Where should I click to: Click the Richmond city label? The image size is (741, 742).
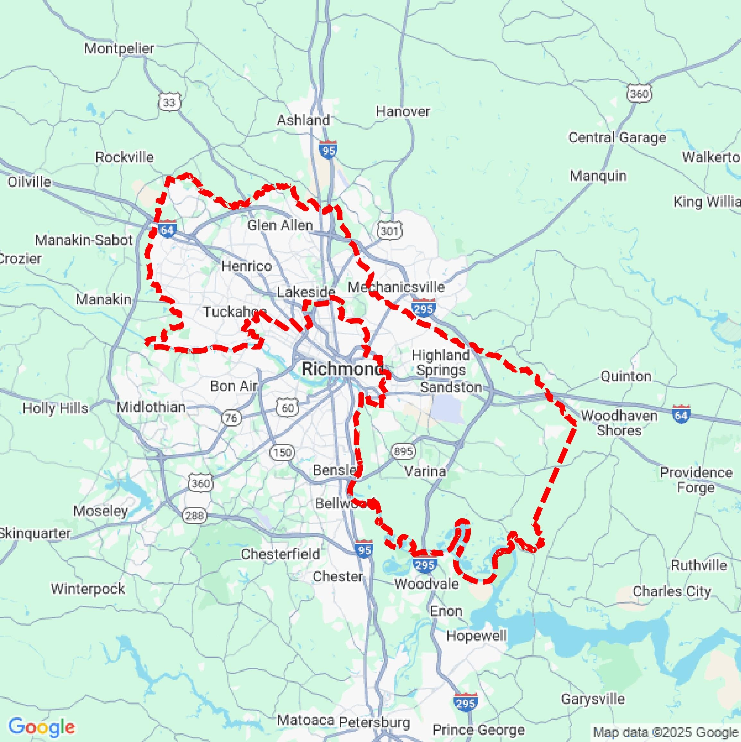pyautogui.click(x=341, y=369)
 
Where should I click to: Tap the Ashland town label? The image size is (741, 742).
pyautogui.click(x=303, y=120)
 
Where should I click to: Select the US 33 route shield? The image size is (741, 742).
pyautogui.click(x=169, y=102)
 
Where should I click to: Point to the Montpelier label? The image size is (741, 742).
pyautogui.click(x=119, y=49)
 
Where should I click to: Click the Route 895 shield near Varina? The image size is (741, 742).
pyautogui.click(x=403, y=451)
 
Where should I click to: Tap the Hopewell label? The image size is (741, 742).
pyautogui.click(x=476, y=636)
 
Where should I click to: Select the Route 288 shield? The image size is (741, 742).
pyautogui.click(x=194, y=516)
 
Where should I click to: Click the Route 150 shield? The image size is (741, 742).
pyautogui.click(x=282, y=452)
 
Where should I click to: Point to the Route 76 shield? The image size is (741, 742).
pyautogui.click(x=231, y=418)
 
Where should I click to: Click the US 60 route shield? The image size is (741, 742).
pyautogui.click(x=288, y=408)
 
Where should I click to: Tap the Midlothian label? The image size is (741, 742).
pyautogui.click(x=151, y=407)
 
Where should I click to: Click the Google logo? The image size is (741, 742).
pyautogui.click(x=41, y=727)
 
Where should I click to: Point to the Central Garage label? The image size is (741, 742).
pyautogui.click(x=617, y=137)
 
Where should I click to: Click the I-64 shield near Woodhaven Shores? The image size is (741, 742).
pyautogui.click(x=681, y=414)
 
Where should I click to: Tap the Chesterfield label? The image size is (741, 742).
pyautogui.click(x=280, y=554)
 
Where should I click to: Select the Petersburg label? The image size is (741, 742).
pyautogui.click(x=375, y=722)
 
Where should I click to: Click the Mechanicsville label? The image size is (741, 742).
pyautogui.click(x=396, y=287)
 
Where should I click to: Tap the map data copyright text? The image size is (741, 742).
pyautogui.click(x=666, y=732)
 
